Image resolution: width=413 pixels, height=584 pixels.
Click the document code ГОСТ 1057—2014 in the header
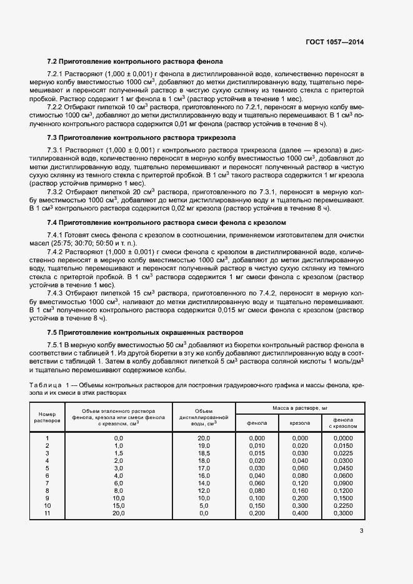pos(334,42)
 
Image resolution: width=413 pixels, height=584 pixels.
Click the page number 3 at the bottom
pos(362,532)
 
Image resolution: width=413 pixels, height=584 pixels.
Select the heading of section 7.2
pos(135,61)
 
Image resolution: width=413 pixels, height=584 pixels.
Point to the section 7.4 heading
pos(167,222)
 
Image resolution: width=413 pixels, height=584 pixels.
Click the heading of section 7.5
pos(146,332)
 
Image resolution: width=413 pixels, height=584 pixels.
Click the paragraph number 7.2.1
pos(57,74)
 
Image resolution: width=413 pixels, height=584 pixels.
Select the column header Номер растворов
pos(47,417)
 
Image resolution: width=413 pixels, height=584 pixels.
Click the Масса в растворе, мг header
pos(300,407)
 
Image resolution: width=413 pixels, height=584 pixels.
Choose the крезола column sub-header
pos(300,423)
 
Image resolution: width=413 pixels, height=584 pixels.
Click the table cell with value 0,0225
pos(343,453)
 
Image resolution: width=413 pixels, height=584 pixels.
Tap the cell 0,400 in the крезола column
pos(300,513)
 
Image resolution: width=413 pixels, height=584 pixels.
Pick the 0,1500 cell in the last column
pos(343,498)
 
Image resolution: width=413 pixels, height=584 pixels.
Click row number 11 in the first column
pos(47,513)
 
